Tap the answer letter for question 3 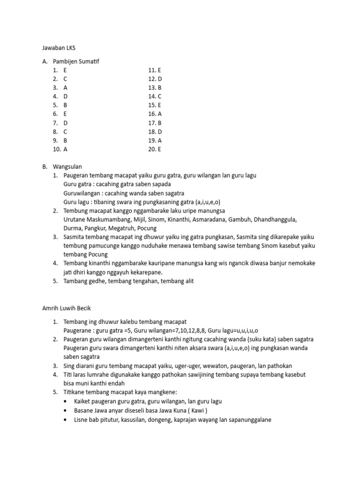[66, 88]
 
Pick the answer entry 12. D [155, 79]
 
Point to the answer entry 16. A [155, 114]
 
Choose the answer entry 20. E [155, 149]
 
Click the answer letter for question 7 [66, 123]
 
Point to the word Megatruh [122, 228]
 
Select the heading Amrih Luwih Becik [66, 308]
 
